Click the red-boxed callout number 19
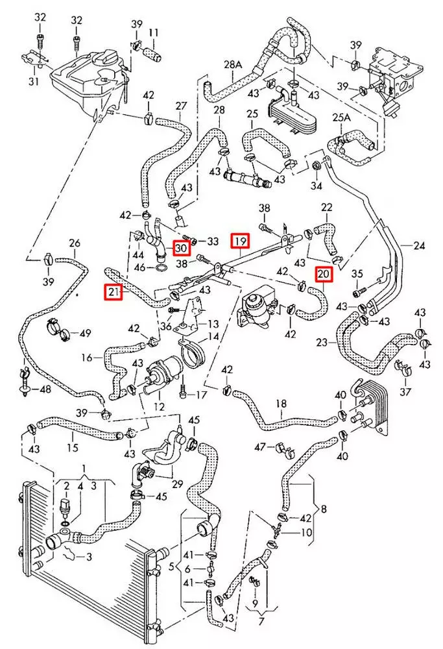(x=241, y=241)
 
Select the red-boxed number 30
(x=181, y=249)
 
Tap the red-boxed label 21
(x=114, y=292)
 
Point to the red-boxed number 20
(x=324, y=274)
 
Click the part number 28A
(x=233, y=64)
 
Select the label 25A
(x=341, y=117)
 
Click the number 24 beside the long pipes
(x=419, y=246)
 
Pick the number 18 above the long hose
(x=281, y=403)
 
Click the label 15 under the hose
(x=73, y=447)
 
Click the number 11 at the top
(x=154, y=32)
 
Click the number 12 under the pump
(x=159, y=407)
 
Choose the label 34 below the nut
(x=317, y=186)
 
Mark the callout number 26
(x=75, y=243)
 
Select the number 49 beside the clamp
(x=85, y=333)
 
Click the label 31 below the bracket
(x=34, y=80)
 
